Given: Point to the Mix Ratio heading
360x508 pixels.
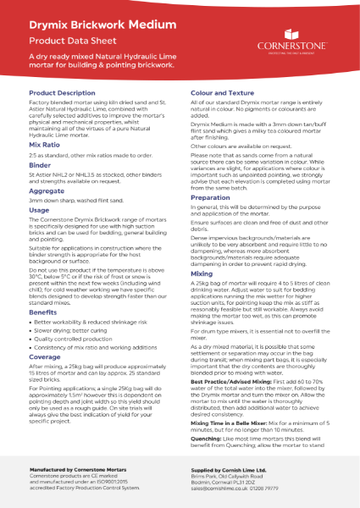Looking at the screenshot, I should tap(44, 146).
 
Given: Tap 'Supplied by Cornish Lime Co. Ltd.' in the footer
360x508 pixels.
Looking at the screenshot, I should tap(235, 467).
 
